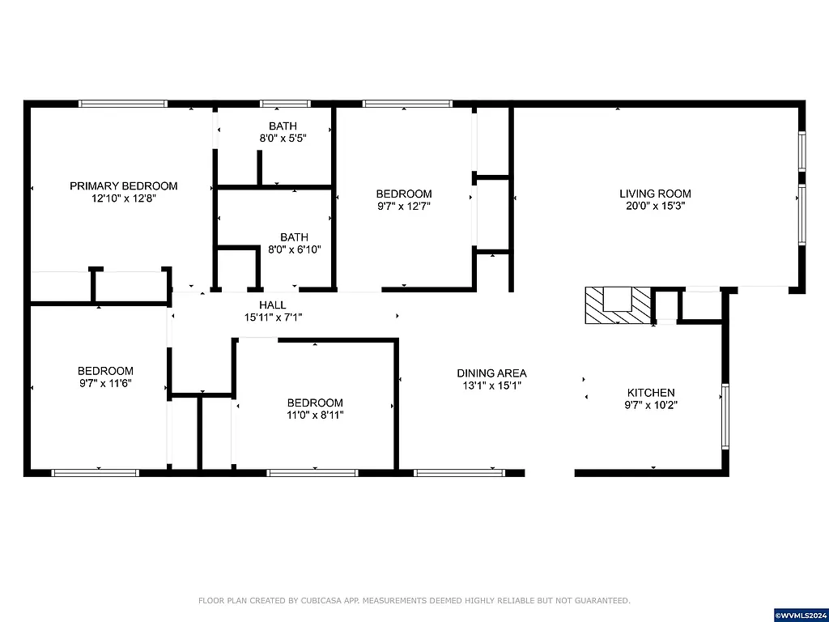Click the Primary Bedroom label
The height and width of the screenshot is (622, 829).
pyautogui.click(x=123, y=185)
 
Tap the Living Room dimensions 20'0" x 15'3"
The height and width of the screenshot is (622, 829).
pyautogui.click(x=655, y=206)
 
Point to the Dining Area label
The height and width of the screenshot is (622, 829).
pyautogui.click(x=491, y=373)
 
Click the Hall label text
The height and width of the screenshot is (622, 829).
pyautogui.click(x=272, y=305)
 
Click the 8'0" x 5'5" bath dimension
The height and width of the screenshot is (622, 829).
pyautogui.click(x=283, y=138)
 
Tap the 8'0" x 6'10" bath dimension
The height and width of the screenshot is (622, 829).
pyautogui.click(x=295, y=249)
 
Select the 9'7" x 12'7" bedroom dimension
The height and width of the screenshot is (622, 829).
pyautogui.click(x=403, y=206)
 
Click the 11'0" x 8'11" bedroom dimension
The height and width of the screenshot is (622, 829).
pyautogui.click(x=315, y=415)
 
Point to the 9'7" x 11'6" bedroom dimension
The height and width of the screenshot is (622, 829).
pyautogui.click(x=105, y=383)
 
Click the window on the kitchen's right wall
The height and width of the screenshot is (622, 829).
pyautogui.click(x=725, y=416)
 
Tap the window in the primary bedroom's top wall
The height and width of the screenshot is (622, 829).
pyautogui.click(x=123, y=104)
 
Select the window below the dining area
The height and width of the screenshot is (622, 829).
pyautogui.click(x=460, y=472)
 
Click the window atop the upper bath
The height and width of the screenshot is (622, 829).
pyautogui.click(x=285, y=104)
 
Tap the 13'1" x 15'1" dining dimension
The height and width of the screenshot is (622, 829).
pyautogui.click(x=491, y=386)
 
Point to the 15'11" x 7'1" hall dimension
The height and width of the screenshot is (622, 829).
pyautogui.click(x=272, y=317)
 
